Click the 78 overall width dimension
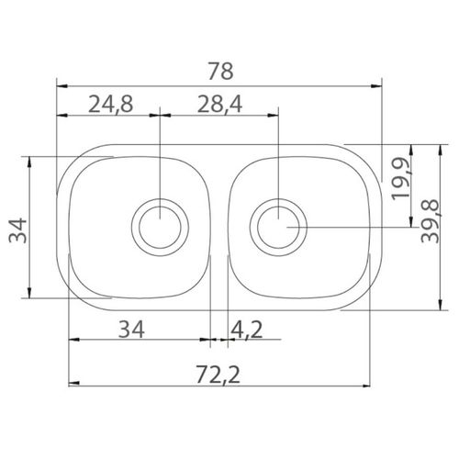pyautogui.click(x=220, y=71)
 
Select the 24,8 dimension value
pyautogui.click(x=111, y=104)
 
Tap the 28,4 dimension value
pyautogui.click(x=219, y=104)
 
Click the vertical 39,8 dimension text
pyautogui.click(x=430, y=221)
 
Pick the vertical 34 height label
pyautogui.click(x=17, y=230)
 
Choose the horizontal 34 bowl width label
pyautogui.click(x=131, y=330)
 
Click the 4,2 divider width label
pyautogui.click(x=247, y=330)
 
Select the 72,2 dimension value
pyautogui.click(x=218, y=375)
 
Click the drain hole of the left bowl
pyautogui.click(x=160, y=227)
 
